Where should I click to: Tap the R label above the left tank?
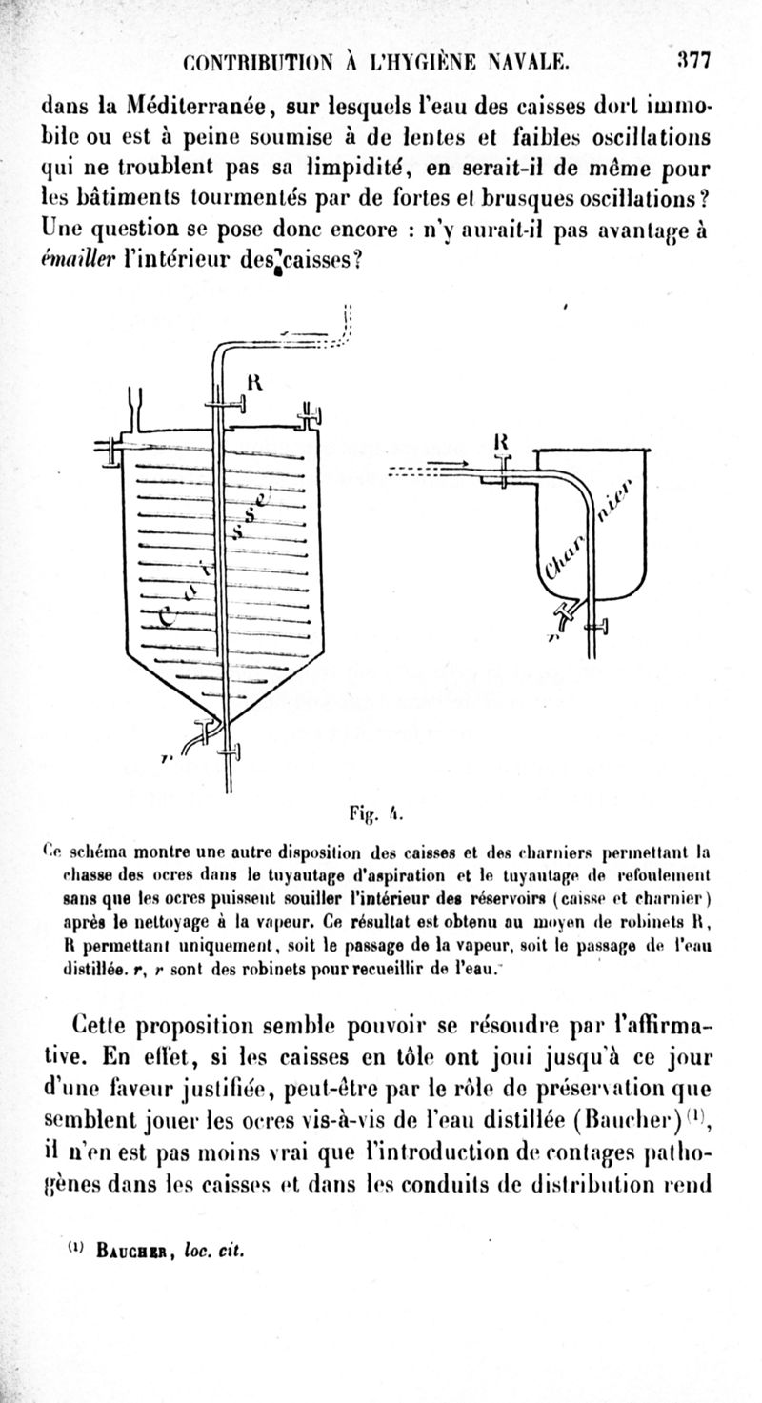tap(254, 382)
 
